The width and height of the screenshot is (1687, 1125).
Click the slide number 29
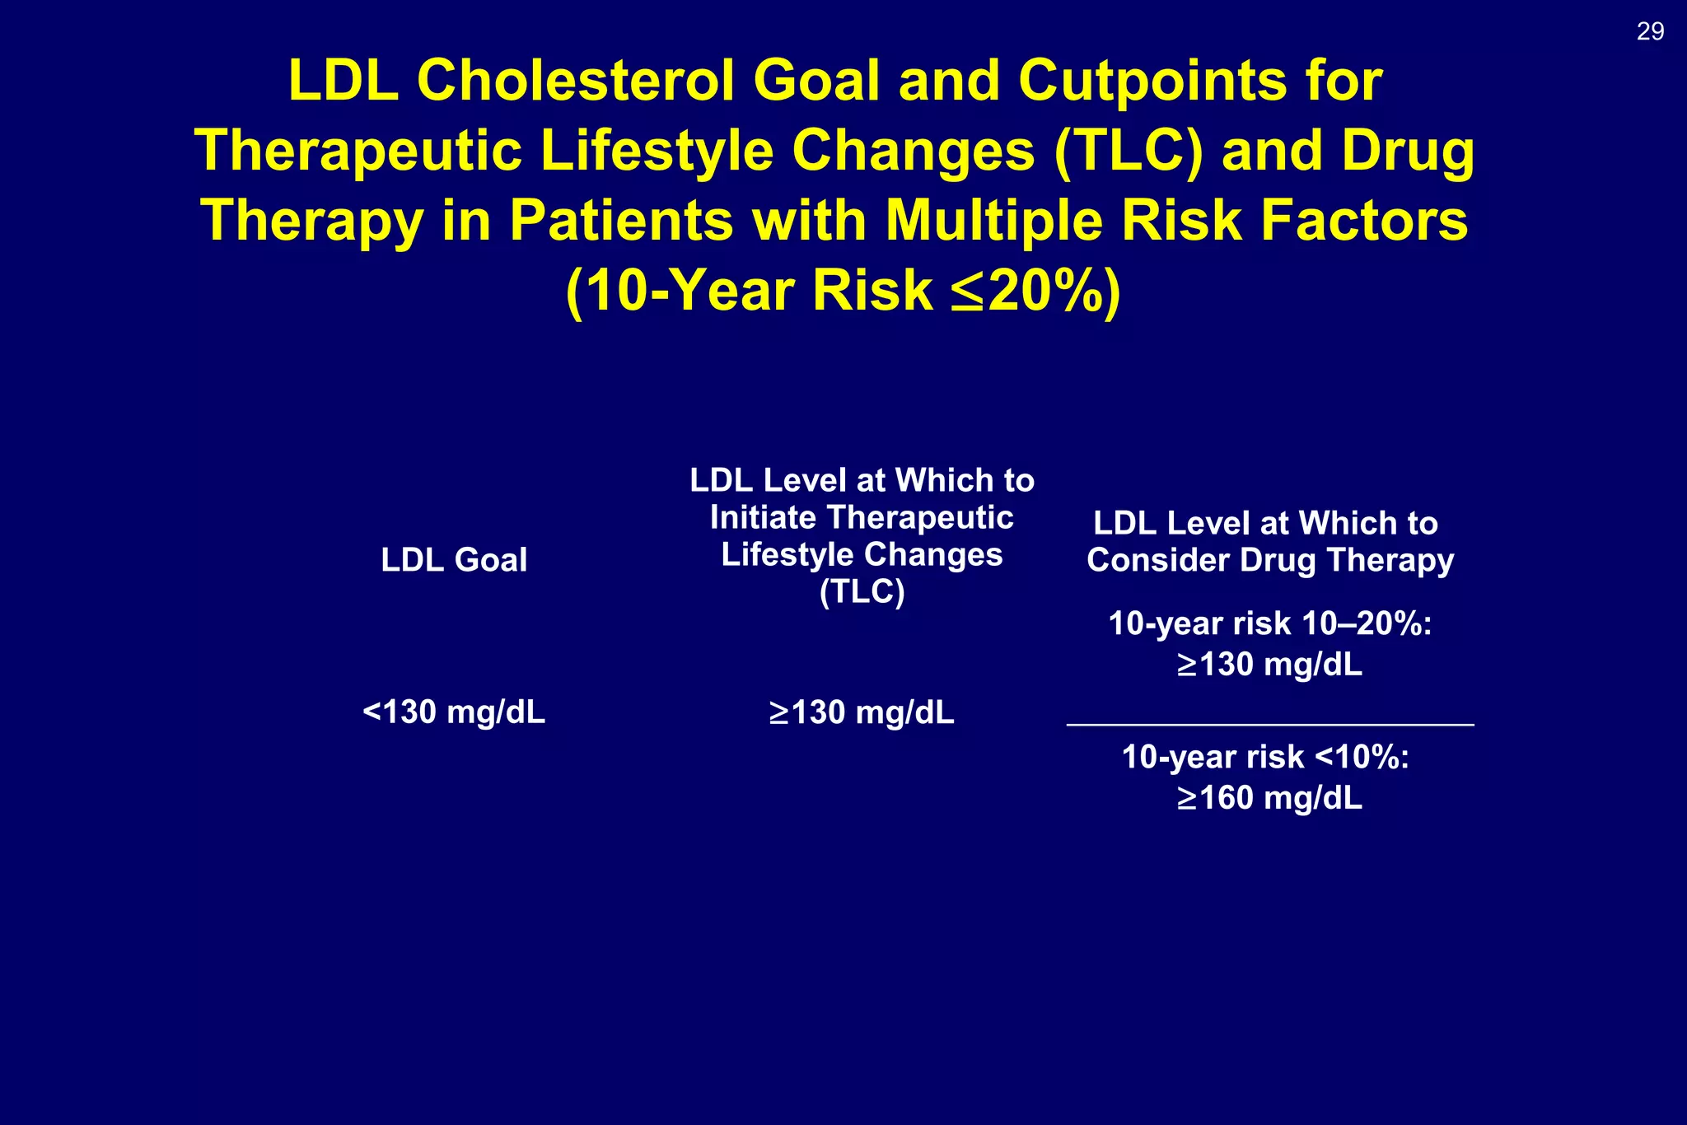[1650, 31]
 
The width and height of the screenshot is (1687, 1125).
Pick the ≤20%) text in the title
[1035, 291]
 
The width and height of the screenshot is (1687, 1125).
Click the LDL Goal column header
[454, 560]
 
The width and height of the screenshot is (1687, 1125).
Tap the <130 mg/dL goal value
[454, 712]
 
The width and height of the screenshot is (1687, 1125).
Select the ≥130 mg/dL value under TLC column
[862, 712]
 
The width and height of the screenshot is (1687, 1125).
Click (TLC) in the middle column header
[862, 591]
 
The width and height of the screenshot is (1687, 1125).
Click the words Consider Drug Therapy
[1269, 561]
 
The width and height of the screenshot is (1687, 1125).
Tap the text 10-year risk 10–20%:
[1269, 623]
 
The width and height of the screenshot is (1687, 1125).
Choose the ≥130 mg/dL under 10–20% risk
[1269, 665]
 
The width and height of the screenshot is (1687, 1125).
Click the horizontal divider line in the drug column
[1269, 724]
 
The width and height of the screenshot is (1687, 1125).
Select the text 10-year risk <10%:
[1265, 757]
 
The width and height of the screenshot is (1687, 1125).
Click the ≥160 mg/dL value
[1269, 798]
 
